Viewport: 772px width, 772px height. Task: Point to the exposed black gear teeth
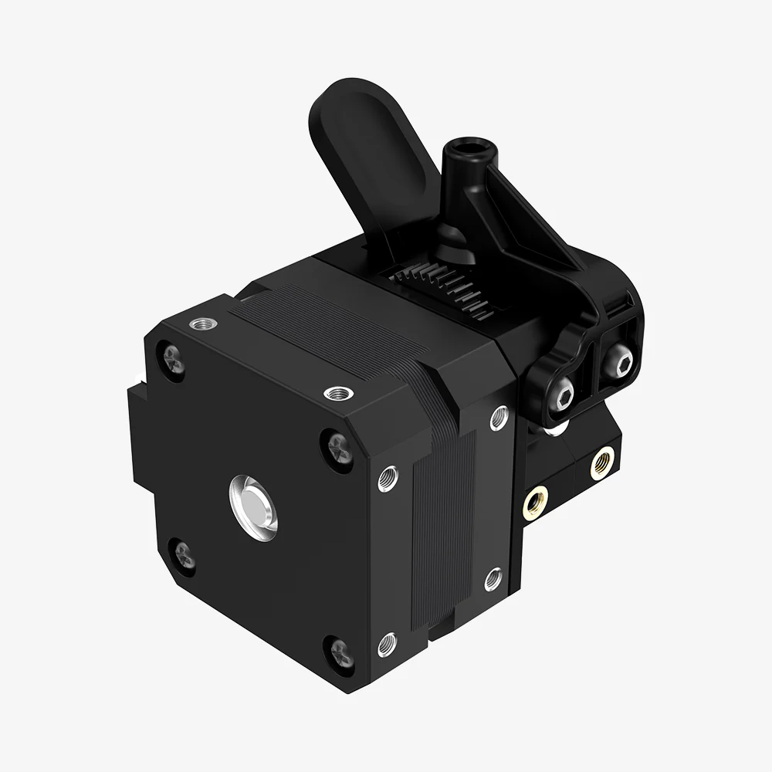coord(448,289)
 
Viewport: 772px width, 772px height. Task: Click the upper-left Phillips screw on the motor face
coord(173,360)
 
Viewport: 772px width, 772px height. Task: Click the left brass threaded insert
coord(534,504)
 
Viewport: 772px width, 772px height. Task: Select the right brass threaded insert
coord(602,463)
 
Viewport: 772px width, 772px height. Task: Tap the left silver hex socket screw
coord(562,396)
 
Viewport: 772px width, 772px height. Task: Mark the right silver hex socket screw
coord(618,360)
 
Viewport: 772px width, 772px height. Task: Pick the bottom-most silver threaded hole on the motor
coord(388,642)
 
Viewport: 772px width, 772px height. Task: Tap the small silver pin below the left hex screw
coord(557,426)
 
